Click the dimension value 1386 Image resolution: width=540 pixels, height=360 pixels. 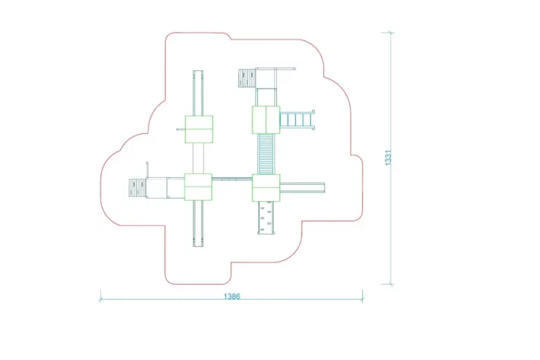232,296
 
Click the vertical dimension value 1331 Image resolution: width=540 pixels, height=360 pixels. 388,158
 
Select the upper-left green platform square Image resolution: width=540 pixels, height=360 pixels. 199,129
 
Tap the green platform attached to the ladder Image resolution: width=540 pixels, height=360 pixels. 266,119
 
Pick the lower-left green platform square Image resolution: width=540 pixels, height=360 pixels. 198,187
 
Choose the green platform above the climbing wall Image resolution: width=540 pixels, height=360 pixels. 266,188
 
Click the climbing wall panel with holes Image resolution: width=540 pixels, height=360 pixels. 266,218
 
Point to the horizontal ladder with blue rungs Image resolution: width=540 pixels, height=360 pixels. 297,120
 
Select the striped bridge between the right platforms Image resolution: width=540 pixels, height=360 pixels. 266,154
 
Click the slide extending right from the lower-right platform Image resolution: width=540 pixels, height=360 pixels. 303,188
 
